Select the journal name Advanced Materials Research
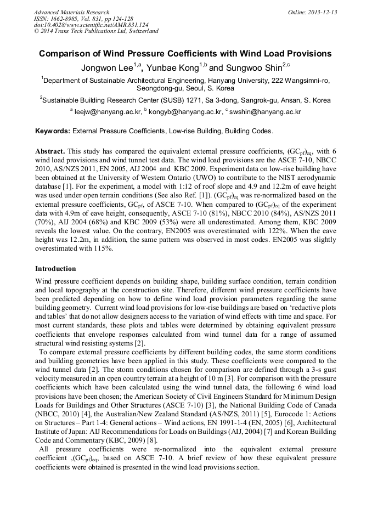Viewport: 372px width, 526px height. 72,12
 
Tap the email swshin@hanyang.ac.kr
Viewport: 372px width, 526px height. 267,112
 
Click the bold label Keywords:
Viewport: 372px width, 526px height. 53,132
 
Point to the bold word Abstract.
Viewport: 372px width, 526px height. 50,151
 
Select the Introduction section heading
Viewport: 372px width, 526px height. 56,269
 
